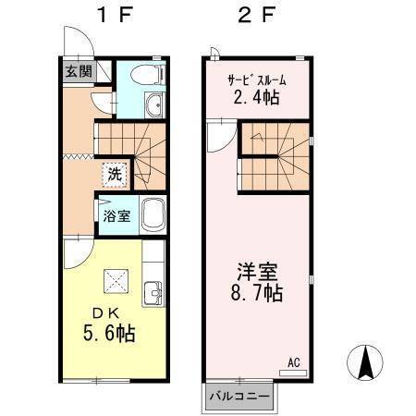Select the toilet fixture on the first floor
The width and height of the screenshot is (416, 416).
(148, 74)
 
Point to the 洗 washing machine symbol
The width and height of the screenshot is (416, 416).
(114, 173)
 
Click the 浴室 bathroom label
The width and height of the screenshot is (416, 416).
(116, 215)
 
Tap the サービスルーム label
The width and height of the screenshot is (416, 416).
(255, 79)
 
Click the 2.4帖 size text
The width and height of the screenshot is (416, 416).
(255, 96)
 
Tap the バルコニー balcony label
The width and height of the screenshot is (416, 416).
(239, 396)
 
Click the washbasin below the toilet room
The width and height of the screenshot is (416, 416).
(154, 104)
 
